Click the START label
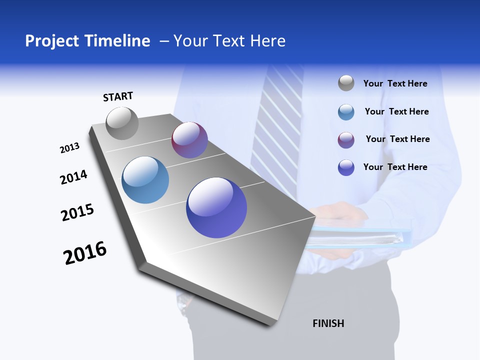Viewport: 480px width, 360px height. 118,96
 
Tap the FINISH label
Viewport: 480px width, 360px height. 328,323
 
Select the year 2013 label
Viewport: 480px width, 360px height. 69,148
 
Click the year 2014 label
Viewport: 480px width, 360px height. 73,177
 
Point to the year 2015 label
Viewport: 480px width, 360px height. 77,212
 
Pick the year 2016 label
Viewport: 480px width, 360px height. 85,253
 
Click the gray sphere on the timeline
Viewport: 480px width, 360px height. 122,123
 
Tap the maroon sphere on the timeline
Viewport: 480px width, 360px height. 189,140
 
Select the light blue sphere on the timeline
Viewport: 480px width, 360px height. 145,180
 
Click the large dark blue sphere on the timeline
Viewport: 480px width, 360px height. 216,207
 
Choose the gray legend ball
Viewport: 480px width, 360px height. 346,83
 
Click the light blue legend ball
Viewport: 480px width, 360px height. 346,112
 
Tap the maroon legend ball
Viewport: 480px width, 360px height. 346,140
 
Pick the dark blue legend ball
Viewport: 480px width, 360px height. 346,167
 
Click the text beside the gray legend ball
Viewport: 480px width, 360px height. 395,84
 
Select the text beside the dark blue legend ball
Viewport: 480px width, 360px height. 395,167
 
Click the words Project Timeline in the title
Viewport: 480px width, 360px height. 87,41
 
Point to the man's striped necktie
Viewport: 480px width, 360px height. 279,125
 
